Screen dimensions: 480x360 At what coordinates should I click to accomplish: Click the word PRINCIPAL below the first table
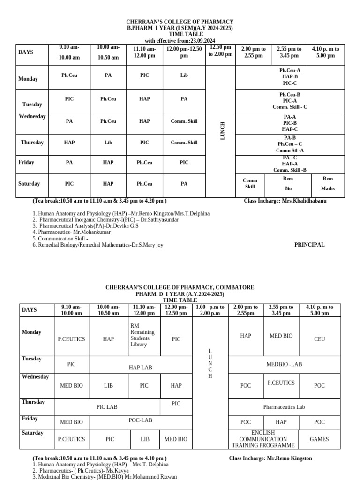pos(309,245)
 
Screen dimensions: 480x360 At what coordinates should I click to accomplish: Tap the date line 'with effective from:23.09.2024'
pos(180,41)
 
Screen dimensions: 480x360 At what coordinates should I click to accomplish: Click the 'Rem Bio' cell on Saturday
pos(288,184)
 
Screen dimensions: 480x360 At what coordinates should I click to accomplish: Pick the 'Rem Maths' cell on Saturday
pos(328,184)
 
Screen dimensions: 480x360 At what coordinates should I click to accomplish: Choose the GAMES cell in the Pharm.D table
pos(319,439)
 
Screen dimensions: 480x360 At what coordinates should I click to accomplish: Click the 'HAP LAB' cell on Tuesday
pos(141,367)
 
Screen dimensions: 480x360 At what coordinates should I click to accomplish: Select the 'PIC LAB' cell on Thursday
pos(107,407)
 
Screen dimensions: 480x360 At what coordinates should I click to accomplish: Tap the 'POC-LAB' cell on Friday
pos(141,420)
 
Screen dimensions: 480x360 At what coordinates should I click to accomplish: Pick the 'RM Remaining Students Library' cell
pos(142,335)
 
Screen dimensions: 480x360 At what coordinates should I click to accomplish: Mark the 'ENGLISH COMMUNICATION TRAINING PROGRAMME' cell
pos(263,439)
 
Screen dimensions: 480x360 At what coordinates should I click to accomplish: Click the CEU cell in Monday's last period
pos(319,339)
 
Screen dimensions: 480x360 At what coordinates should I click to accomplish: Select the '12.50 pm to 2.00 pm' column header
pos(220,51)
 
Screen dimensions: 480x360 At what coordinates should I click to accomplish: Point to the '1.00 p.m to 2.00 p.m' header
pos(210,310)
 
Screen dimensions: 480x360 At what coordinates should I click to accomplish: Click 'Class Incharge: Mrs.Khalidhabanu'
pos(285,201)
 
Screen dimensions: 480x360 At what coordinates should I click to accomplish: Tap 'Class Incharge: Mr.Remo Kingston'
pos(270,458)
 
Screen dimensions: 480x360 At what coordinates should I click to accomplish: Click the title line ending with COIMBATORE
pos(180,287)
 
